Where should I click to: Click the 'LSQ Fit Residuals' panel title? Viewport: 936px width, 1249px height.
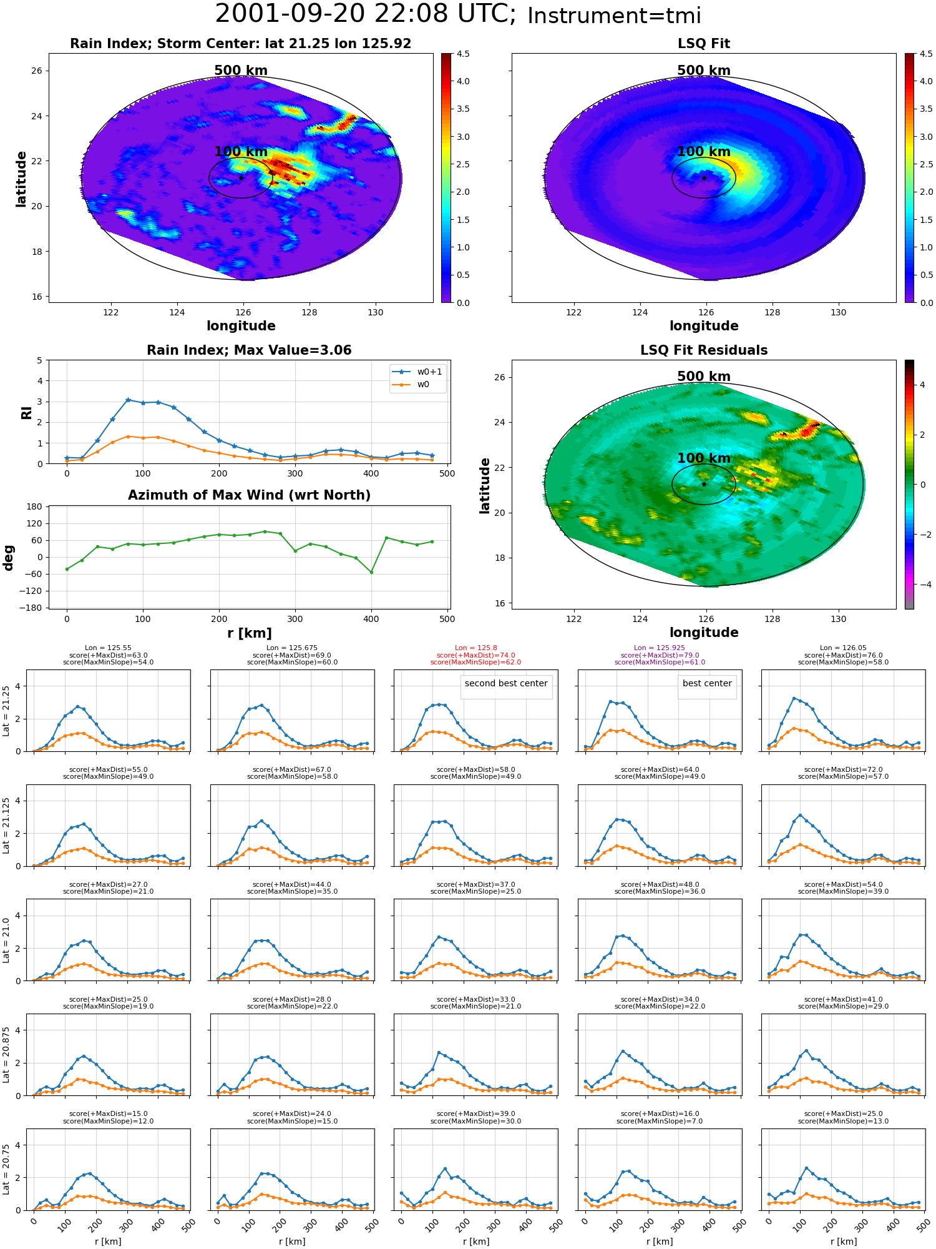click(704, 350)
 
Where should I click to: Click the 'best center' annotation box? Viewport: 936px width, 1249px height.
click(707, 684)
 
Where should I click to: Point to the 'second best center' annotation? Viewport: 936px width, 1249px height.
click(506, 684)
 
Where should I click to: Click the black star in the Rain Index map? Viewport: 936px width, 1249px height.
click(241, 178)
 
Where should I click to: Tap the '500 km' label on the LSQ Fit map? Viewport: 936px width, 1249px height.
click(704, 71)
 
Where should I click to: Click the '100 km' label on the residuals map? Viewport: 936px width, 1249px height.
click(704, 458)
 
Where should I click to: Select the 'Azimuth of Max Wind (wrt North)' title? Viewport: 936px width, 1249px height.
click(249, 495)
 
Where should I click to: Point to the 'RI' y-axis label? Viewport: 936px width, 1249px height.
click(27, 412)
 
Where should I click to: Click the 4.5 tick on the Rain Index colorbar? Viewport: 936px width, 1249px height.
click(463, 54)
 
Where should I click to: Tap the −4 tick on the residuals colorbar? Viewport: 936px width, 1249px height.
click(922, 585)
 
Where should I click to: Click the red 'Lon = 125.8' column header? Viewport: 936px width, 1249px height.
click(476, 648)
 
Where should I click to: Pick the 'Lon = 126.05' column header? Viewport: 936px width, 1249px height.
click(844, 648)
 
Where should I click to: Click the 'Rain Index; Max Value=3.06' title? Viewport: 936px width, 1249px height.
click(249, 350)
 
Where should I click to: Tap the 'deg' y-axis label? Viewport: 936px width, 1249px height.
click(9, 557)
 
